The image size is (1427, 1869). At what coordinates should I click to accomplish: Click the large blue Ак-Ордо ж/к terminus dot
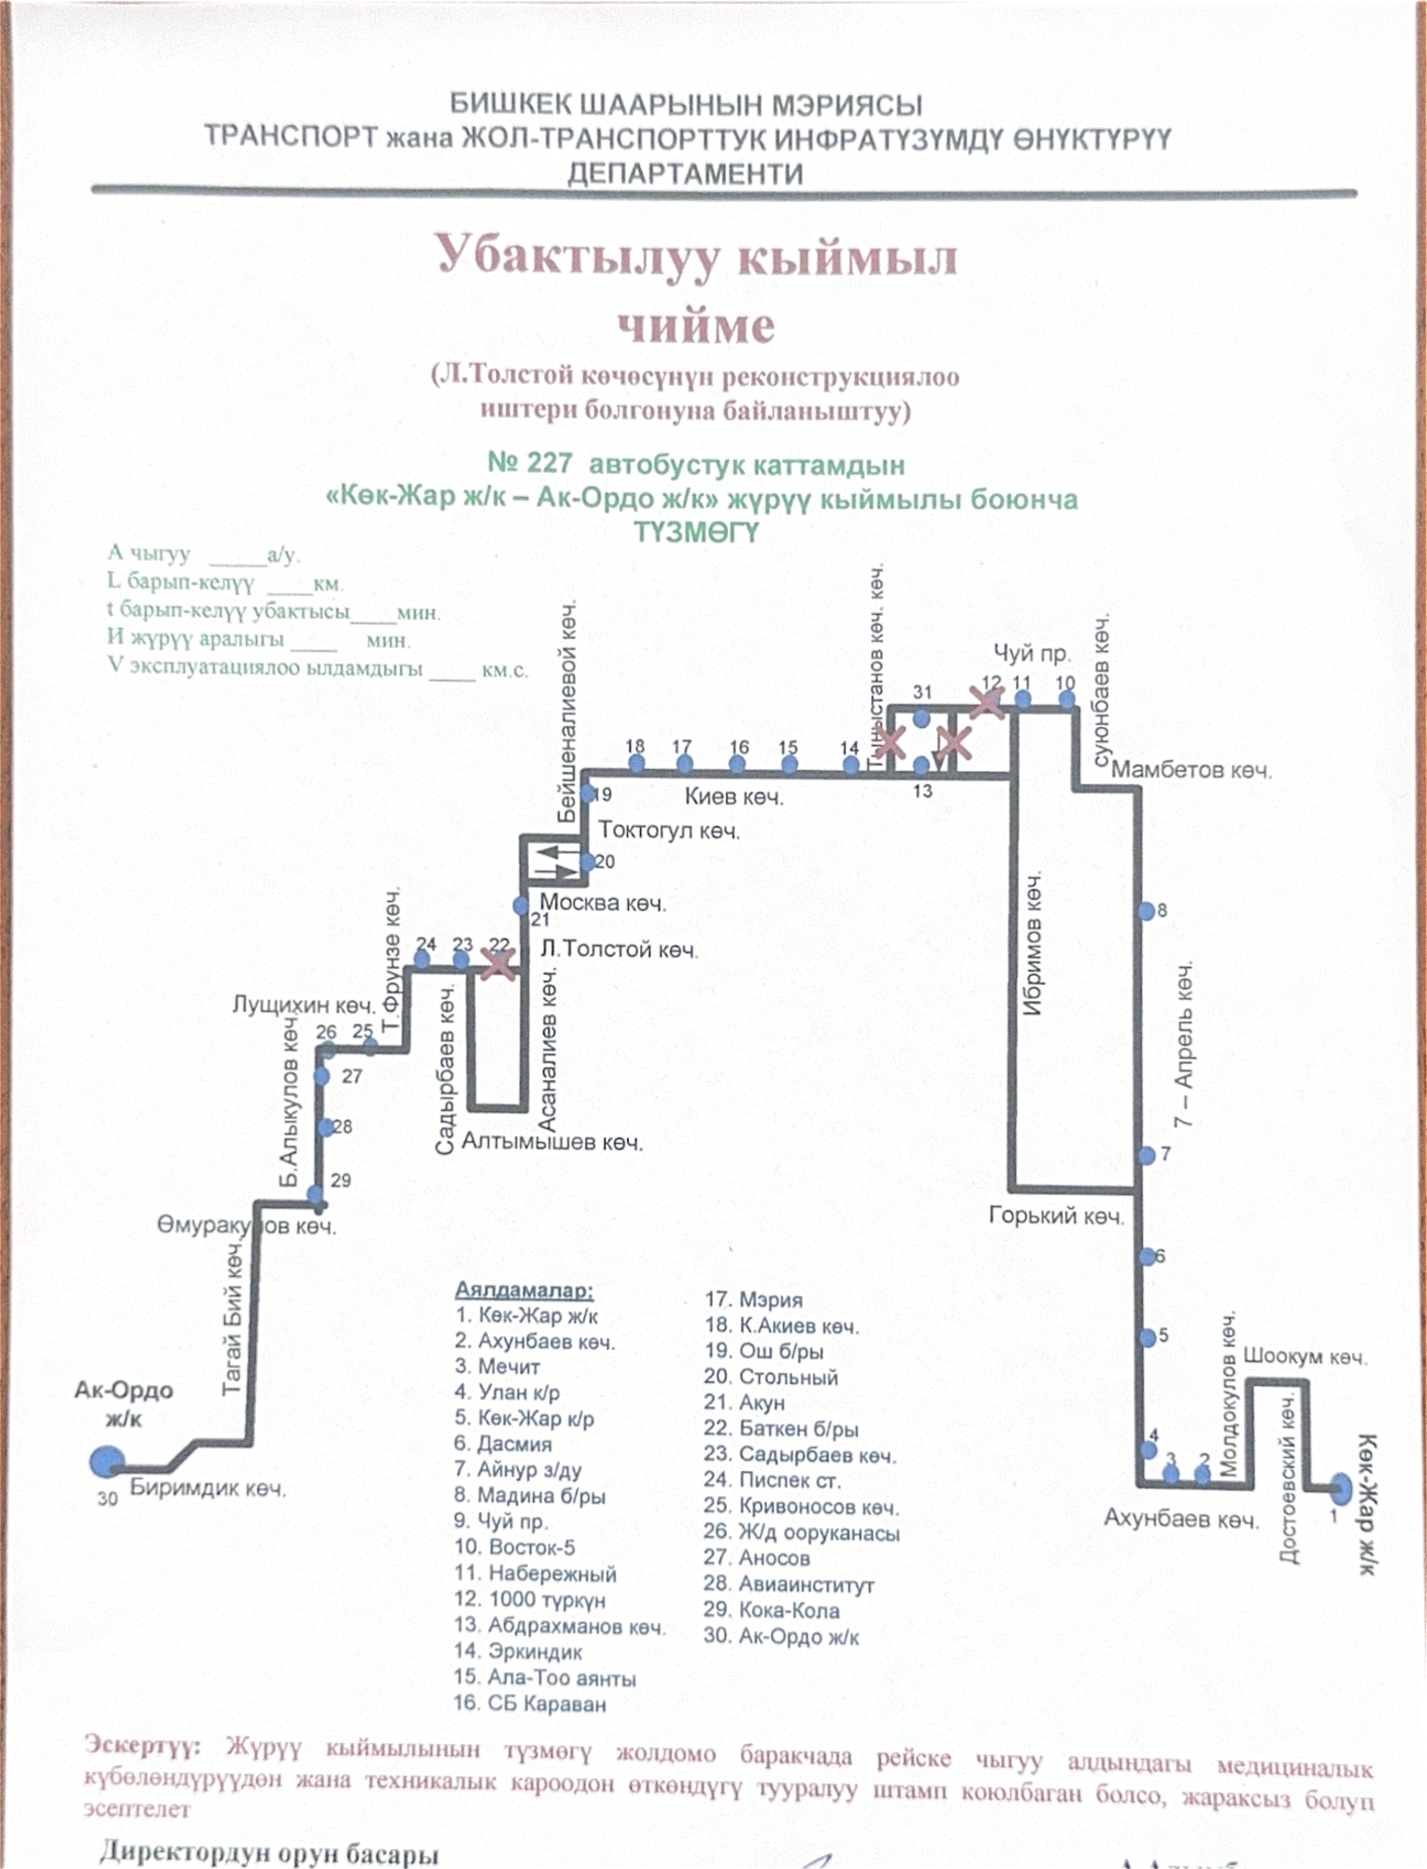click(x=107, y=1462)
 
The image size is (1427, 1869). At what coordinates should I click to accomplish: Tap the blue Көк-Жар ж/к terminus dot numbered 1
click(x=1340, y=1487)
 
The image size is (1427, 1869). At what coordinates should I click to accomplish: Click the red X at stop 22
click(x=498, y=963)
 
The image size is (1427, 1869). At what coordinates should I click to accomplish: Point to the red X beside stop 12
click(x=986, y=702)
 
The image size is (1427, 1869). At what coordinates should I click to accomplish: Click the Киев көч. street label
click(x=734, y=796)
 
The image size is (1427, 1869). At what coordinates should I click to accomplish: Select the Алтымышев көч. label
click(x=551, y=1141)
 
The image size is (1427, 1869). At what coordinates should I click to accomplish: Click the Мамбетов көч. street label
click(x=1191, y=770)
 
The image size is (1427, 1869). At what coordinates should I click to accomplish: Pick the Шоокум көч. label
click(x=1305, y=1356)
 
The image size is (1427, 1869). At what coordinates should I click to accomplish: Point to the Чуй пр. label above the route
click(x=1031, y=653)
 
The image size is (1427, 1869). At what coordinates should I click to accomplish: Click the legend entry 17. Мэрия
click(x=753, y=1299)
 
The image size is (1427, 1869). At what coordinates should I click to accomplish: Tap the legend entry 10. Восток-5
click(x=515, y=1547)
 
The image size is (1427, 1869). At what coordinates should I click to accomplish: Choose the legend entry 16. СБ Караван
click(x=530, y=1704)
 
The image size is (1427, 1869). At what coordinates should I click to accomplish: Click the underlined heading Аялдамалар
click(x=523, y=1291)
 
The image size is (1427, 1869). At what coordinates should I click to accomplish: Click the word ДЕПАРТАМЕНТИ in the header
click(x=685, y=174)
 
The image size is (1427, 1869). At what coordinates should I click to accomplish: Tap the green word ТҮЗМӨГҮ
click(x=696, y=532)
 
